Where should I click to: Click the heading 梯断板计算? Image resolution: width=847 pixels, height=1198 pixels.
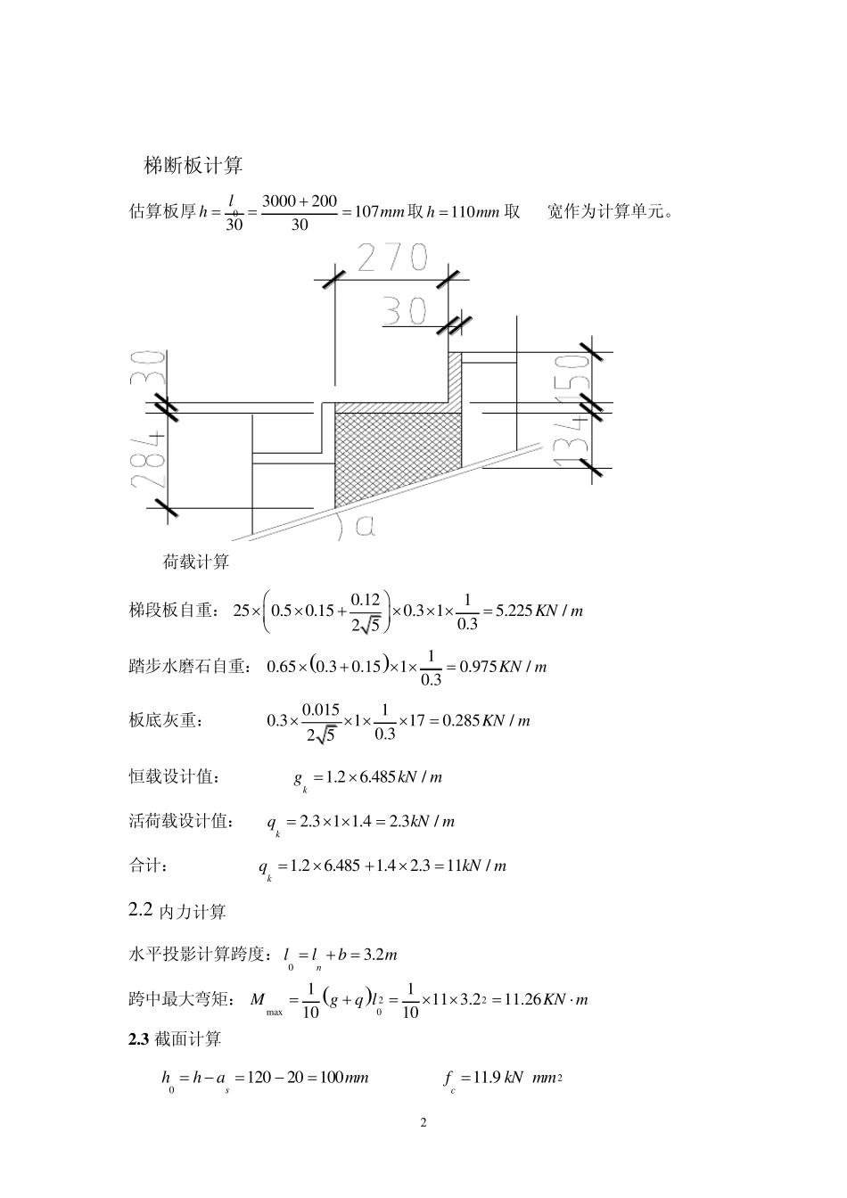[193, 166]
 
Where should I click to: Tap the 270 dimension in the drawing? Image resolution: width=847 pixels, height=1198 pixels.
[392, 258]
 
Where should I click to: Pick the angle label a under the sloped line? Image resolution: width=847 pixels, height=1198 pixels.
[366, 526]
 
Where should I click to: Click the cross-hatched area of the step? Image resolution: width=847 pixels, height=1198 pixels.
[397, 455]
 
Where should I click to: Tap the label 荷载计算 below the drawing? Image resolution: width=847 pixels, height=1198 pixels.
[196, 562]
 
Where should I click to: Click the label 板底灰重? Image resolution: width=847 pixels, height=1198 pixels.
[166, 721]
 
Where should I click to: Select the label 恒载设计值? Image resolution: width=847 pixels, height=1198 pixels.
[174, 777]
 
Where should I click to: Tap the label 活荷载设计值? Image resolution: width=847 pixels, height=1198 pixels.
[182, 822]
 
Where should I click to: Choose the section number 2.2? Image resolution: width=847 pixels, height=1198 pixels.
[141, 910]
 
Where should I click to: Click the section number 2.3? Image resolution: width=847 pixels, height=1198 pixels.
[140, 1038]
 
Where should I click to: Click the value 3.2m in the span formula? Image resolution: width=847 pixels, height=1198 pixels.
[382, 956]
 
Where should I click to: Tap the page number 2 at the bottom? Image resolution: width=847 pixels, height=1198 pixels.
[423, 1122]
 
